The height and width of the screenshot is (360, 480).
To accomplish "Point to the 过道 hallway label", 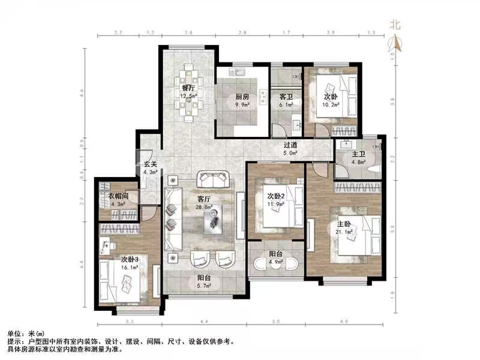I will point(291,145).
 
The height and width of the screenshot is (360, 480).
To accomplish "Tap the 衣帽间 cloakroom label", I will point(118,197).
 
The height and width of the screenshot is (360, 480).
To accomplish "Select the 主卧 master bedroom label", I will point(344,218).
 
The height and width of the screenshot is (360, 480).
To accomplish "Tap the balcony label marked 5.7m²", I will point(205,278).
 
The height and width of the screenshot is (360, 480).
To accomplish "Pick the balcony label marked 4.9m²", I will point(275,253).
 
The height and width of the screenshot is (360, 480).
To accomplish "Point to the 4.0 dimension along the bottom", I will point(344,322).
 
